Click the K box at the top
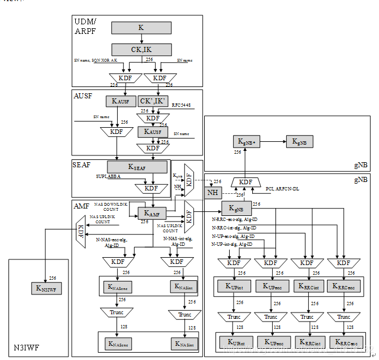click(x=140, y=27)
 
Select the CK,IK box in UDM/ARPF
click(x=140, y=49)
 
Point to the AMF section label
click(x=82, y=207)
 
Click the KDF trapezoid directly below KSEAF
click(x=151, y=188)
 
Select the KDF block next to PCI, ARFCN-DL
click(x=246, y=182)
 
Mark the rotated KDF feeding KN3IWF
click(x=82, y=232)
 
